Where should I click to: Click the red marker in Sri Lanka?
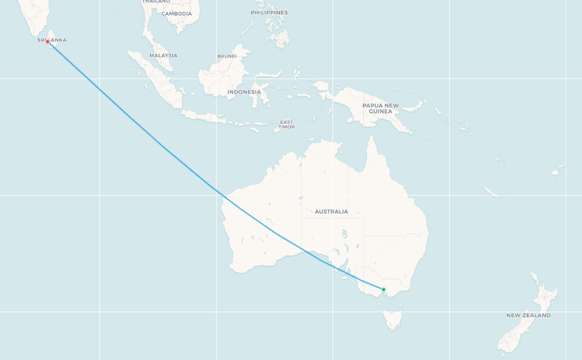[48, 42]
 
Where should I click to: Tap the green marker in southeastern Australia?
[384, 289]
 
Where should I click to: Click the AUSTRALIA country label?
[331, 212]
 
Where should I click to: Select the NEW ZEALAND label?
[529, 315]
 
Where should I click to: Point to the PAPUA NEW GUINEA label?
[381, 108]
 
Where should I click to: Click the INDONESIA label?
[244, 92]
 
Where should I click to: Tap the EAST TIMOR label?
[286, 124]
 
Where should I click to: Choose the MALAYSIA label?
[164, 55]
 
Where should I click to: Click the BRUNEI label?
[227, 56]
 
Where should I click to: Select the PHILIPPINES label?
[269, 13]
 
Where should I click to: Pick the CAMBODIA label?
[176, 14]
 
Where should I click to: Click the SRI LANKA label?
[52, 40]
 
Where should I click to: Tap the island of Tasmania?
[392, 319]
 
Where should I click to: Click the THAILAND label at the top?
[156, 2]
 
